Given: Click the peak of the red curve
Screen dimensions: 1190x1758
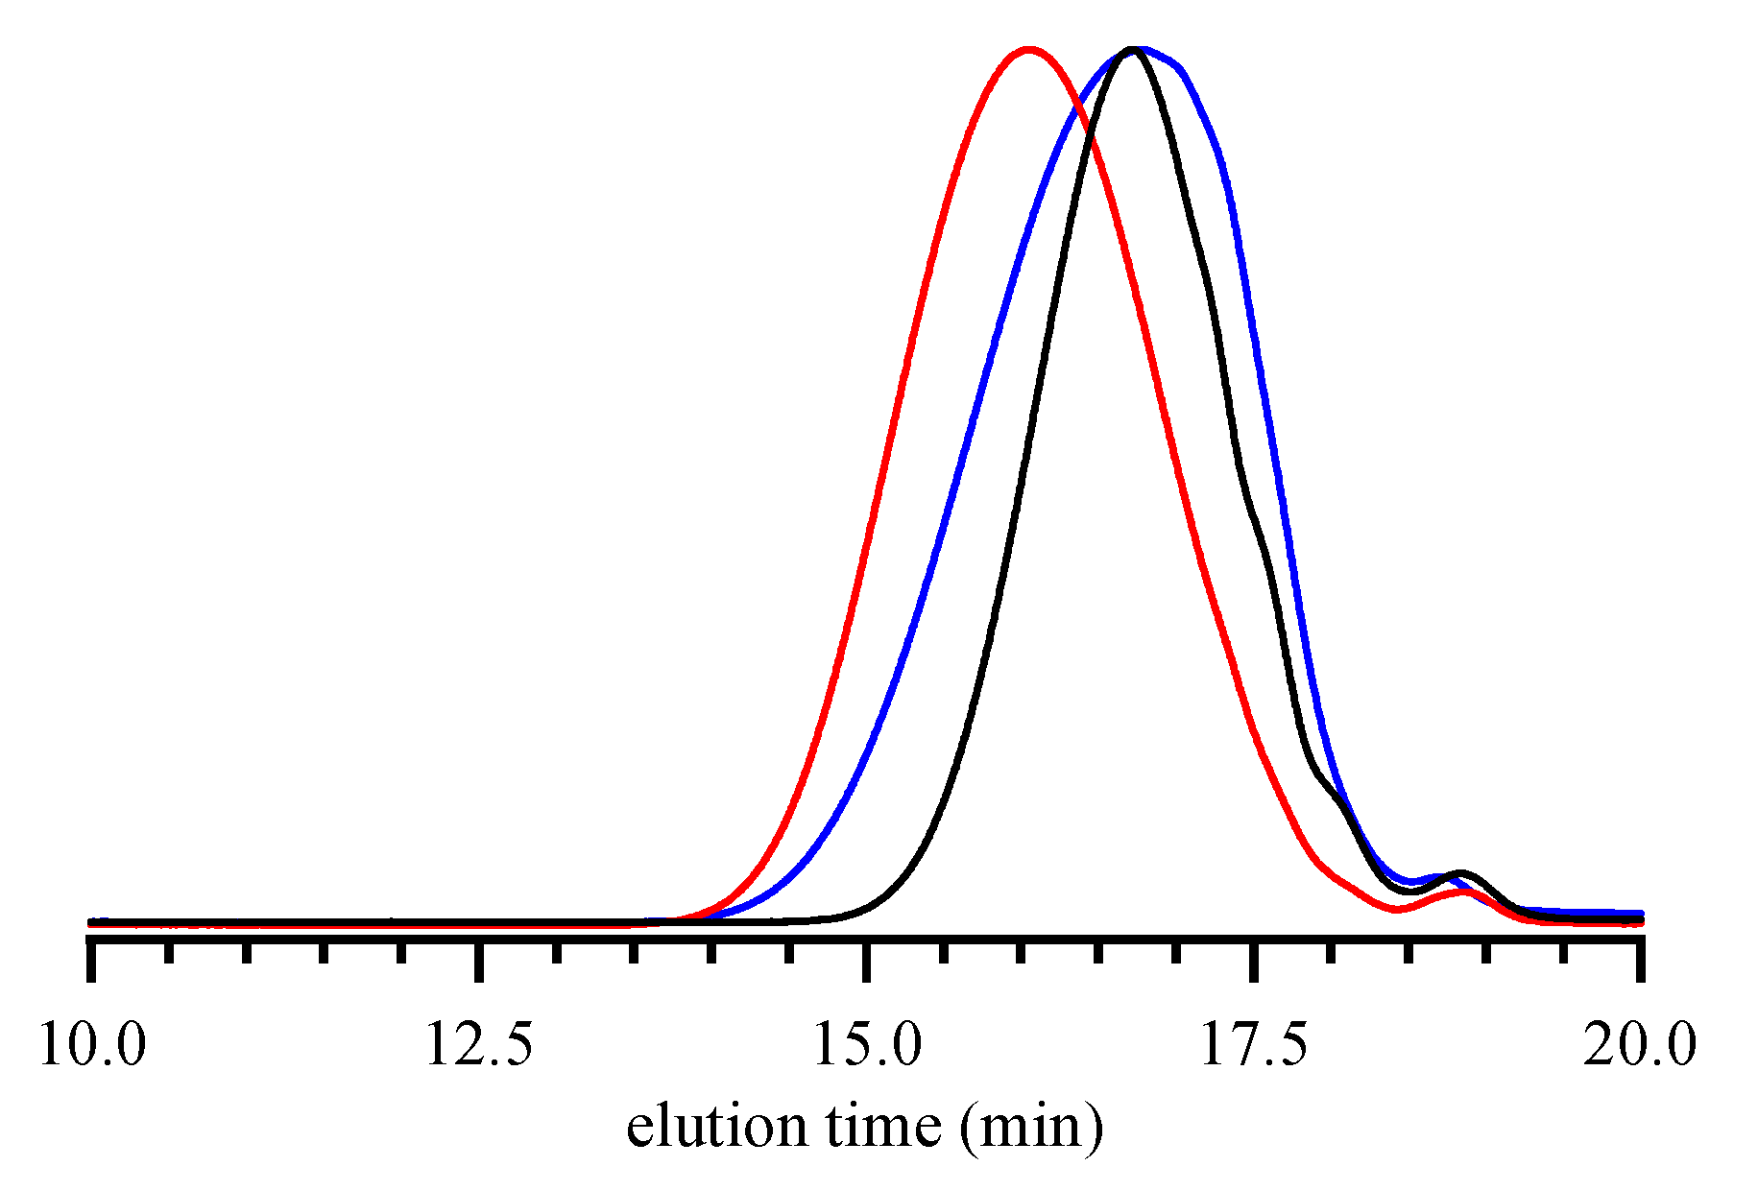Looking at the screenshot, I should tap(1029, 48).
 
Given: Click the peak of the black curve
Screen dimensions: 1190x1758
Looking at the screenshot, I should tap(1135, 48).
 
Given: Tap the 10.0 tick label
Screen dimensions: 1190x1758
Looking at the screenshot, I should tap(92, 1044).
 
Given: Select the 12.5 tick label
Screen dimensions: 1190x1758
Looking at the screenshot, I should tap(479, 1044).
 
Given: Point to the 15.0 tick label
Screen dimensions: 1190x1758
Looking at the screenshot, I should tap(867, 1044).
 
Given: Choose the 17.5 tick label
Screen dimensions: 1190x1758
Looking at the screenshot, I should tap(1254, 1044).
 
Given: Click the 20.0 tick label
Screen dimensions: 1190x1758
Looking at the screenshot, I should tap(1640, 1044).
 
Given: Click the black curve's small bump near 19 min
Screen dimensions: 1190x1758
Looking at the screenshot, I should tap(1460, 873).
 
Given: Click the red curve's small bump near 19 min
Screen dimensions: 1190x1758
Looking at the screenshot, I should tap(1462, 892).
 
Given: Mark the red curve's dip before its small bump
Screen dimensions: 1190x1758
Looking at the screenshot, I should tap(1397, 909).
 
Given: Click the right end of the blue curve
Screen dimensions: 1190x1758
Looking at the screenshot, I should tap(1641, 914).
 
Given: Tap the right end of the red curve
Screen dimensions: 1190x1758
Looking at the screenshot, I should tap(1641, 923).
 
